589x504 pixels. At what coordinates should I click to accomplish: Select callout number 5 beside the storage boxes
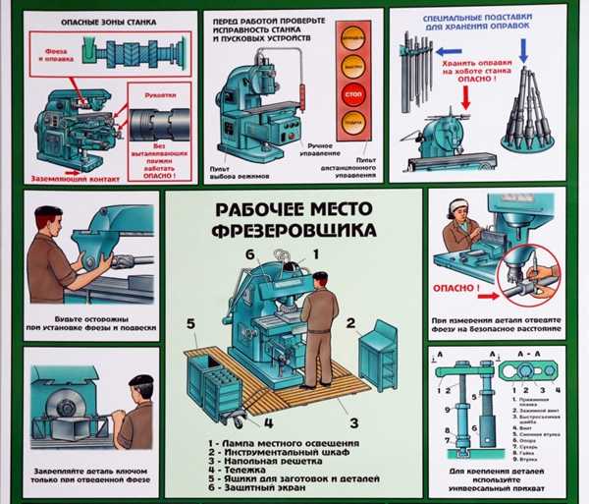[x=192, y=320]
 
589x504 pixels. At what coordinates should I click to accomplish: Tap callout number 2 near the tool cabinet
[x=350, y=322]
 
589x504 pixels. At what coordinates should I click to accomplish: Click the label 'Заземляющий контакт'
[x=77, y=179]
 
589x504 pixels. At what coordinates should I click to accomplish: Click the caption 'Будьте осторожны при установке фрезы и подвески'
[x=87, y=320]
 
